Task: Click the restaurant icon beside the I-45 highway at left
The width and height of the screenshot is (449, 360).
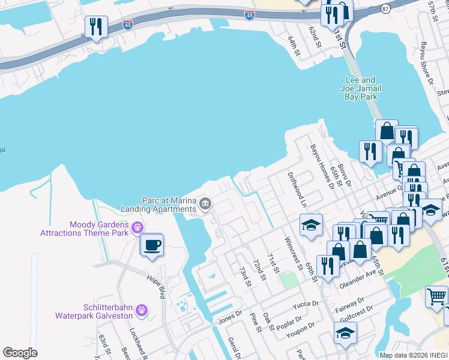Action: click(x=96, y=27)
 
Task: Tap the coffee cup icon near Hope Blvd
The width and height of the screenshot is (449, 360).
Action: click(x=152, y=245)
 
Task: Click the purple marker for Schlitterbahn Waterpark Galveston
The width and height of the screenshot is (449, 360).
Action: click(x=142, y=293)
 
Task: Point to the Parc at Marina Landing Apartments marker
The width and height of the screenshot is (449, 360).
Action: click(x=205, y=204)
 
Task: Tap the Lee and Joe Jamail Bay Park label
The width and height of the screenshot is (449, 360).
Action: click(x=361, y=88)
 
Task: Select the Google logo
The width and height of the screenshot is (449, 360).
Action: click(x=20, y=353)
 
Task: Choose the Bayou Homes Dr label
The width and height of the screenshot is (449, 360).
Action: click(x=322, y=166)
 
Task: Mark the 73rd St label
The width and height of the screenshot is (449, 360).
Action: click(x=244, y=277)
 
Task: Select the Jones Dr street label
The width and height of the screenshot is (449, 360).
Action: click(x=230, y=314)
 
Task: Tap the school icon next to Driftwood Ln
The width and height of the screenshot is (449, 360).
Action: click(x=311, y=225)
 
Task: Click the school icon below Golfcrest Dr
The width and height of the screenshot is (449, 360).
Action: click(x=345, y=333)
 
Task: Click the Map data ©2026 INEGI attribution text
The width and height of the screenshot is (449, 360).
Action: click(x=414, y=355)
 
